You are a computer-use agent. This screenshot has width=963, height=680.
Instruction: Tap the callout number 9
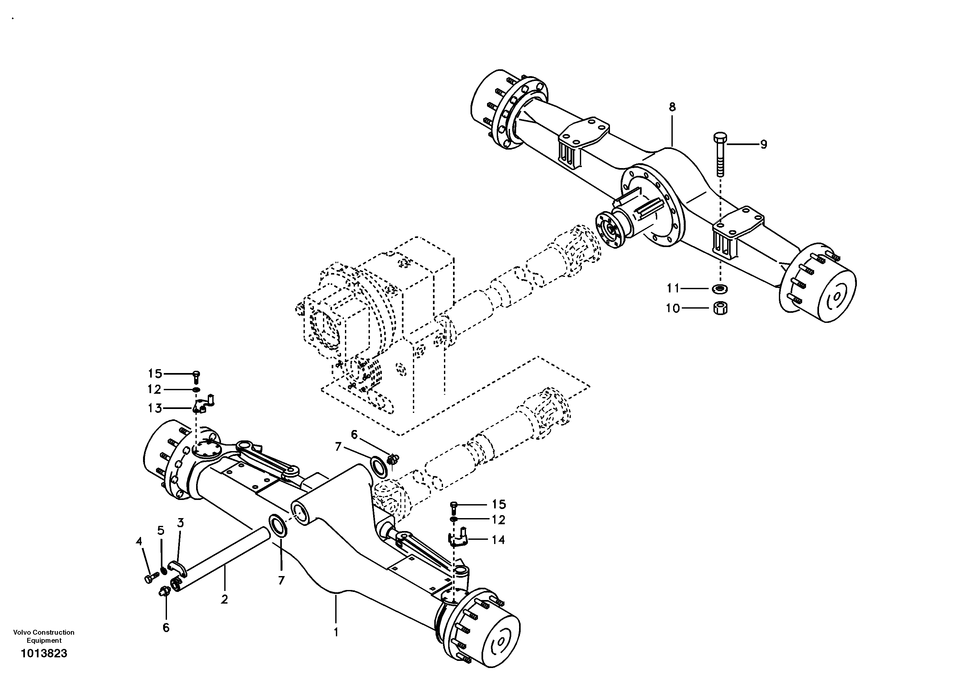763,144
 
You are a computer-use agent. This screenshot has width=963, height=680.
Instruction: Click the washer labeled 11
720,289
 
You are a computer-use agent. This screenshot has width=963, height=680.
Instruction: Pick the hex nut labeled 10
720,308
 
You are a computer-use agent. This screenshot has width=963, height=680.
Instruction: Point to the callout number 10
672,309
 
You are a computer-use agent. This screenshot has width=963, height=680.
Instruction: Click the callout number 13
155,408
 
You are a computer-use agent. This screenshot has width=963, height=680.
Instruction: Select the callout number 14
498,540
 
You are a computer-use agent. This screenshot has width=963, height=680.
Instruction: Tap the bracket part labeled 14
458,538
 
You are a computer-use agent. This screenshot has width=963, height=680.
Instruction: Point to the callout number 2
224,599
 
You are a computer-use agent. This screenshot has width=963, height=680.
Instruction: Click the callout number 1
336,632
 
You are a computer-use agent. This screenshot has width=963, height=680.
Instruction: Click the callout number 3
180,523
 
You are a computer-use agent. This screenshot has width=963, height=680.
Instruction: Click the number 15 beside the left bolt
155,374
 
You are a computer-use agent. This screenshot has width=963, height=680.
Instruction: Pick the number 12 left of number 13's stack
154,390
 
